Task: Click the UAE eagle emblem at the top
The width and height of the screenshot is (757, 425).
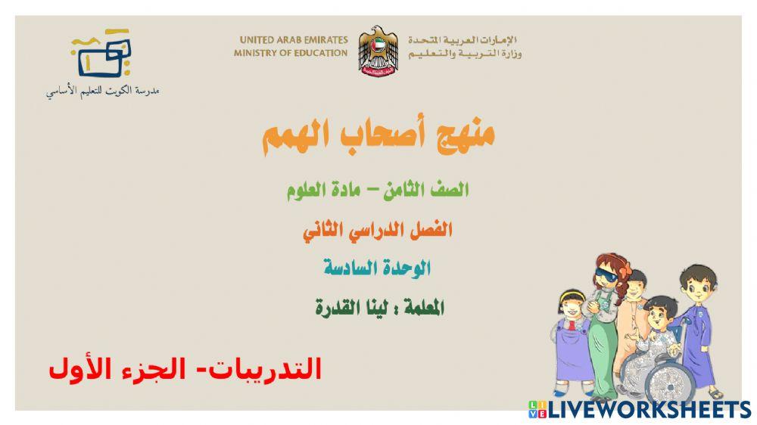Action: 378,50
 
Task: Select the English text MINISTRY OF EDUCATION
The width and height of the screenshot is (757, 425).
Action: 291,54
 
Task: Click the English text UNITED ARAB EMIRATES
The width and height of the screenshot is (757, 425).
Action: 294,39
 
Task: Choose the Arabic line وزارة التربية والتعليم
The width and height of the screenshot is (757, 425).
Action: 465,54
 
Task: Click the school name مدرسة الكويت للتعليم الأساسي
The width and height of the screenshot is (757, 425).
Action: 102,92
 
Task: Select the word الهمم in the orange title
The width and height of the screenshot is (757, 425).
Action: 294,138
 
